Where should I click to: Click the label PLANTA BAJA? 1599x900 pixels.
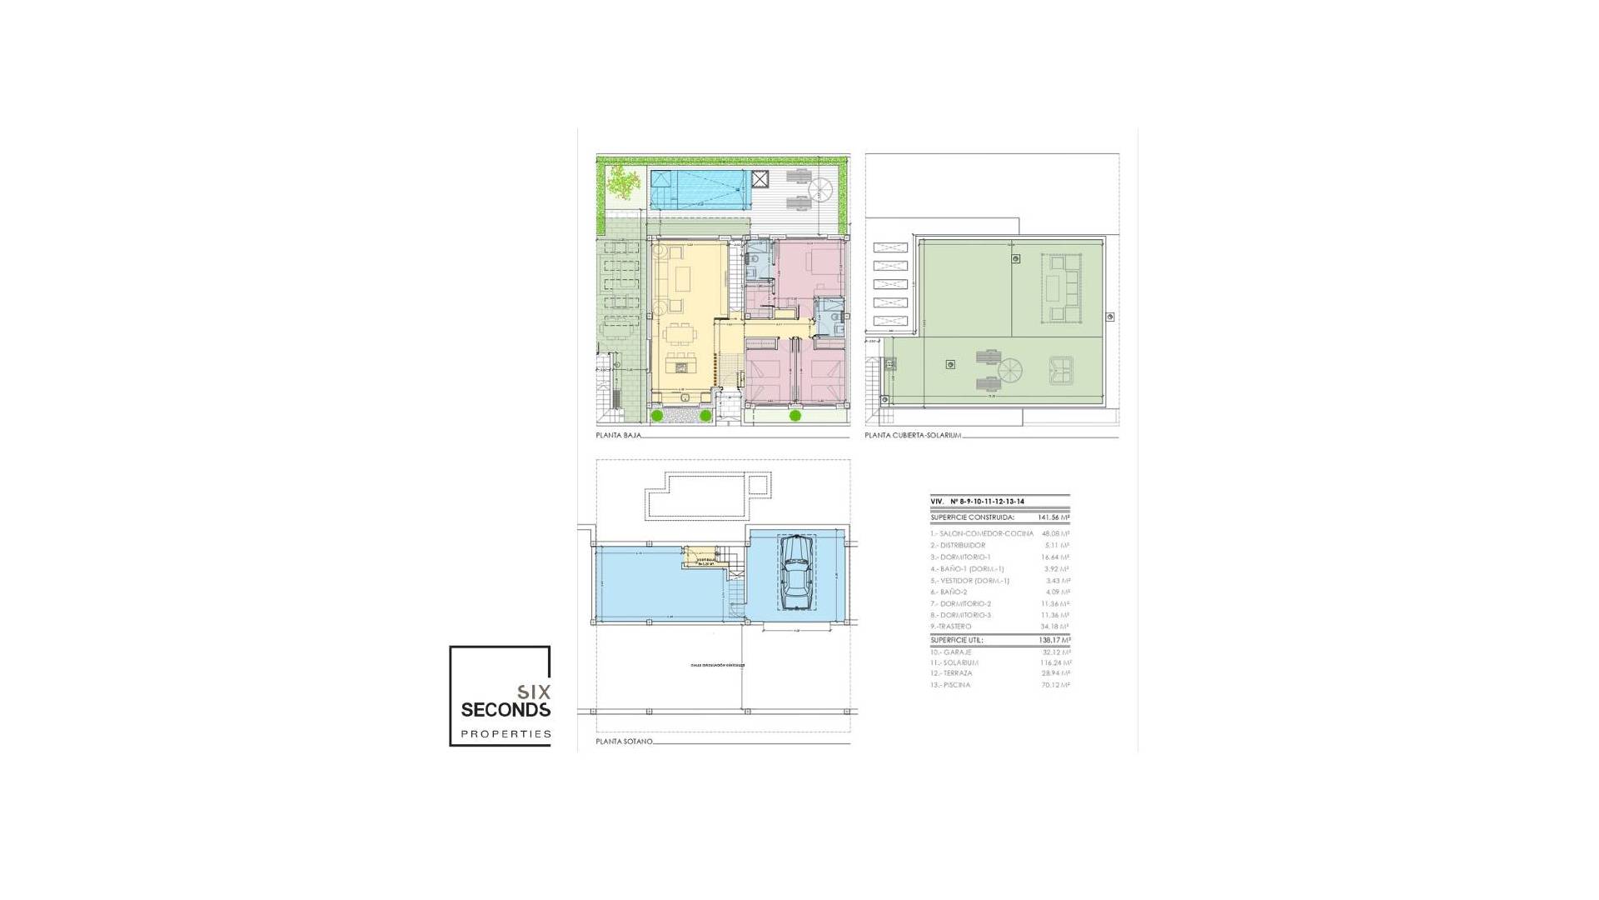[618, 435]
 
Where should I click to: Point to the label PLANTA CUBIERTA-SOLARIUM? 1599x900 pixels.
[913, 435]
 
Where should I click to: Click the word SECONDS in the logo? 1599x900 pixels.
[506, 710]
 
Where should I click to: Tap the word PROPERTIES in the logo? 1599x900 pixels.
[506, 734]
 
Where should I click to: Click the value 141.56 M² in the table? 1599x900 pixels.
[1054, 517]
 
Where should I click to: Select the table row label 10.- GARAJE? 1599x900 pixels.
[951, 652]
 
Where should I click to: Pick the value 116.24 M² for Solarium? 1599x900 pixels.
[1054, 662]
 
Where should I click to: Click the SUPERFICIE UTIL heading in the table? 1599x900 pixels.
[957, 640]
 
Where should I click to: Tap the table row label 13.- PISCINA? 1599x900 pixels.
[950, 685]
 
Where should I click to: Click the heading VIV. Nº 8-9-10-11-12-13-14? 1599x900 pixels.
[978, 501]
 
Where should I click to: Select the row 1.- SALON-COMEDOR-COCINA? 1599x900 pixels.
[982, 533]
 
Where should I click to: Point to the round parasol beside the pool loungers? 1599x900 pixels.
[821, 188]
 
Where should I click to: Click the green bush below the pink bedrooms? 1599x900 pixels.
[795, 415]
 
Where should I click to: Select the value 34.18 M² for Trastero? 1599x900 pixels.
[1054, 627]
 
